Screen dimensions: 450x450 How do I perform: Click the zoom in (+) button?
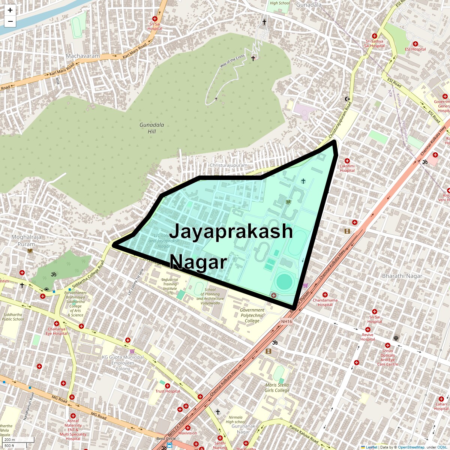pos(10,10)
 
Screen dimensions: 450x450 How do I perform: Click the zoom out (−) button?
pos(10,21)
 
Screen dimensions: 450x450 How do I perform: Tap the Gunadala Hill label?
pos(151,128)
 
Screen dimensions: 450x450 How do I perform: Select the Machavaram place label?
pos(83,56)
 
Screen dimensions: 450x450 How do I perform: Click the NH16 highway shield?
pos(286,321)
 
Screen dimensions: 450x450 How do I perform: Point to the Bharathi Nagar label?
pos(402,276)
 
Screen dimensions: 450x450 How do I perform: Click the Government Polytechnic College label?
pos(252,315)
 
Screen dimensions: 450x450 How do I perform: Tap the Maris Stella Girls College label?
pos(277,387)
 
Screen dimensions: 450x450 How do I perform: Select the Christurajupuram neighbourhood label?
pos(228,165)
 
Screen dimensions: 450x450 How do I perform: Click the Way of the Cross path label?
pos(232,61)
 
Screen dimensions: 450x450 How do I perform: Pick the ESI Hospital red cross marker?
pos(415,44)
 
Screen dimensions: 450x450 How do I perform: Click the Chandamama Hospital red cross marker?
pos(325,295)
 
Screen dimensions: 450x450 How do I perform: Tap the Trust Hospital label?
pos(168,391)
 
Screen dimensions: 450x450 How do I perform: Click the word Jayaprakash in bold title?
pos(231,231)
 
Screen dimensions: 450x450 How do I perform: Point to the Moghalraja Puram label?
pos(26,240)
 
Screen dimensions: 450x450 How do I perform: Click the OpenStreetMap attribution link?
pos(411,447)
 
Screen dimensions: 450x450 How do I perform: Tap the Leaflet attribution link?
pos(371,447)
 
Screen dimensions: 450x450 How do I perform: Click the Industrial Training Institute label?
pos(170,286)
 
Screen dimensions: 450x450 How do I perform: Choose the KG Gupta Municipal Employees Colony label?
pos(123,363)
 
